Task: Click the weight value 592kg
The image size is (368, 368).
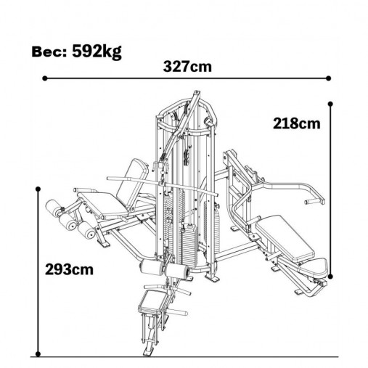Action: click(97, 52)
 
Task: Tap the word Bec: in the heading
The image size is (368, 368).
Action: click(49, 52)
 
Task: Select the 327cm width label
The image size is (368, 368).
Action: click(187, 67)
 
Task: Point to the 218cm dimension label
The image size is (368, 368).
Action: click(297, 123)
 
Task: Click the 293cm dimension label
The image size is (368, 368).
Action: click(69, 269)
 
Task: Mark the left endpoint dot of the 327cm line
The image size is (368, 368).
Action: click(45, 78)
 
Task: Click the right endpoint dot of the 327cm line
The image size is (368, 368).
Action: click(328, 78)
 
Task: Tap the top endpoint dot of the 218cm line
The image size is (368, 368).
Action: click(330, 104)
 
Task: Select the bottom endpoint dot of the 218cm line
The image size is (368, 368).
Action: click(330, 277)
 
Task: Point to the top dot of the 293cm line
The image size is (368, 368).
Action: click(38, 189)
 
